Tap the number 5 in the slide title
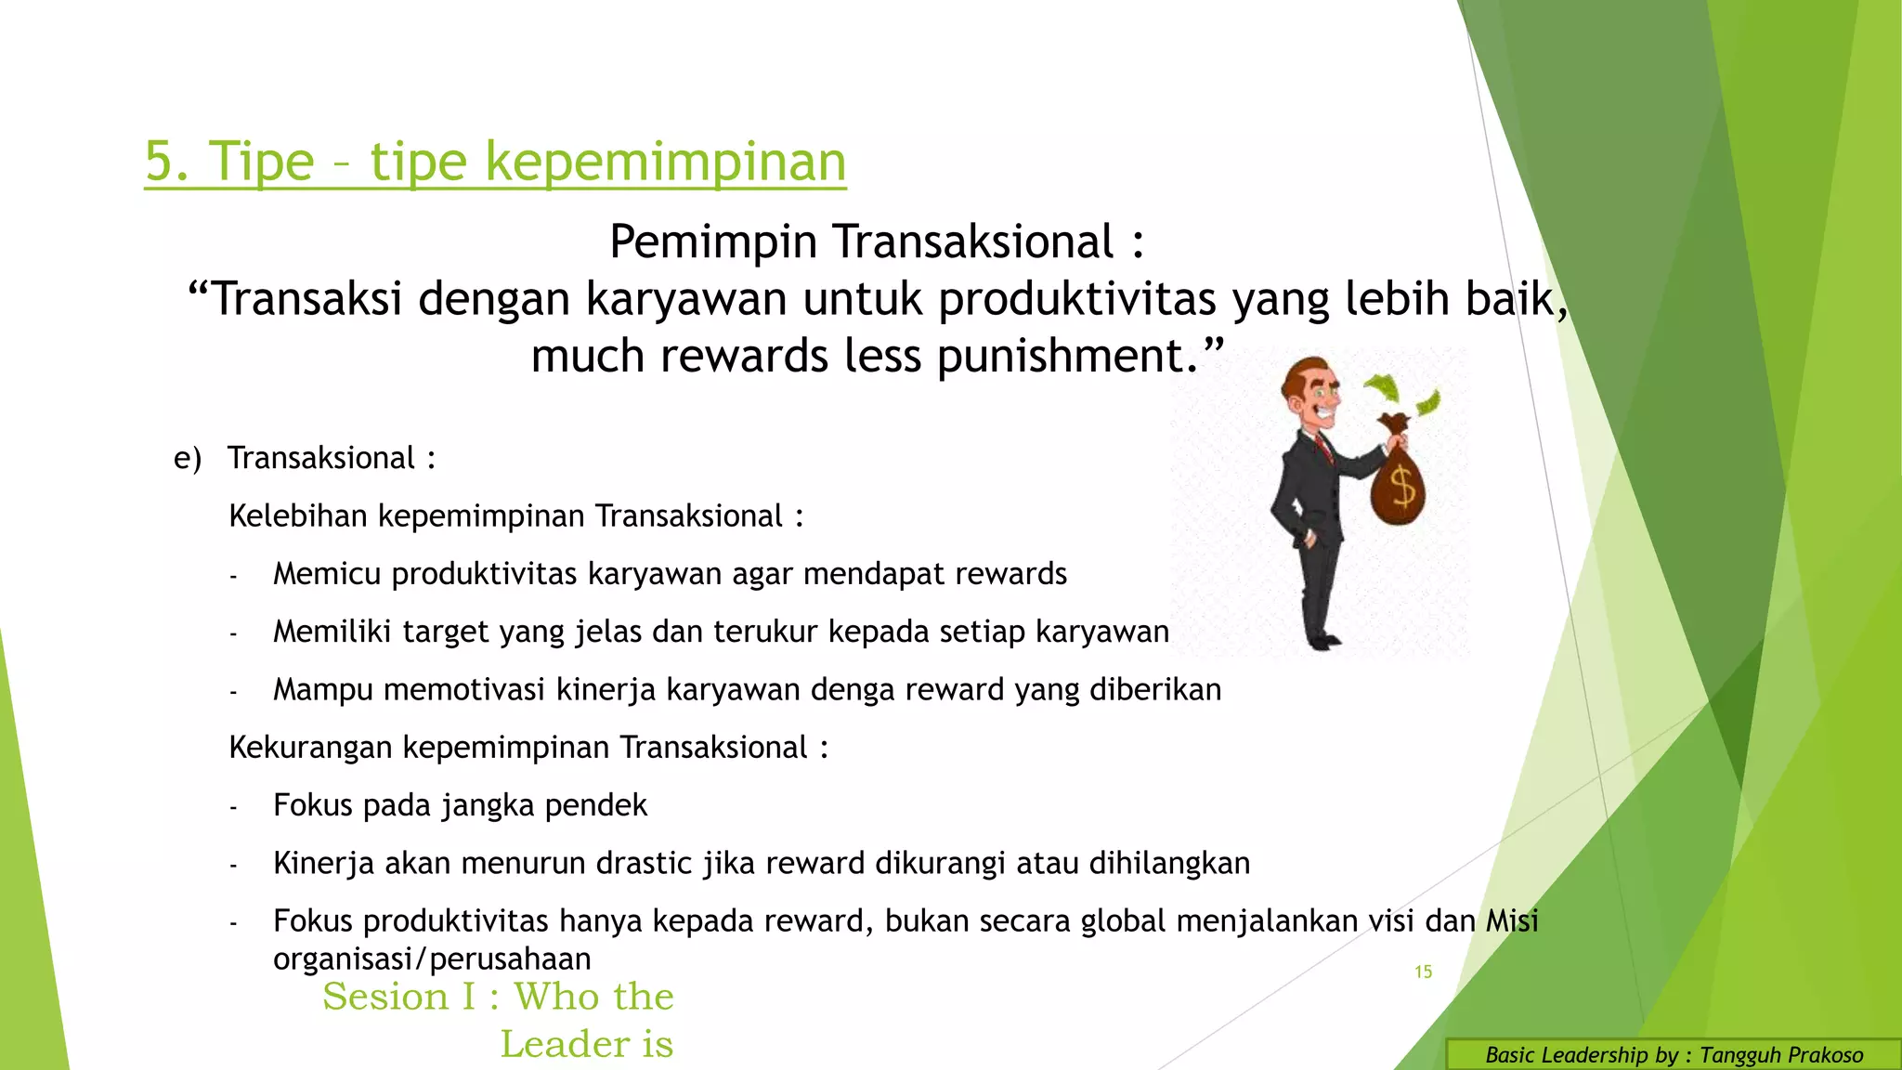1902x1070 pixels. tap(160, 162)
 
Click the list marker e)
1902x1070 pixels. tap(187, 458)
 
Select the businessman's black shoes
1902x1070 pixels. tap(1322, 640)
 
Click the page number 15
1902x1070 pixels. tap(1423, 972)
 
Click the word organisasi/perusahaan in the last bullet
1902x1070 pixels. tap(431, 959)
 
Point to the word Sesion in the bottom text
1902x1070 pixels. tap(385, 997)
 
